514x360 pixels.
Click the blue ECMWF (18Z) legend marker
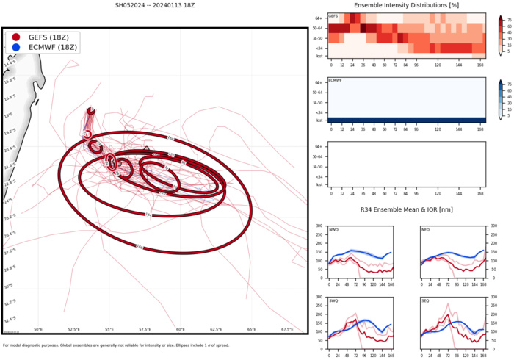tap(16, 48)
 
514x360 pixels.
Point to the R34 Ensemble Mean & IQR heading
tap(405, 211)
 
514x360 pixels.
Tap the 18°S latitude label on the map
tap(9, 115)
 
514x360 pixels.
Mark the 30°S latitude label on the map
tap(9, 286)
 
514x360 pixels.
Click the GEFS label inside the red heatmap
tap(333, 16)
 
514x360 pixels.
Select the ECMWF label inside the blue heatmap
tap(335, 80)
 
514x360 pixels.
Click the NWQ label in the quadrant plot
tap(334, 230)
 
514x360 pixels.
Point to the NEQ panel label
tap(426, 230)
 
